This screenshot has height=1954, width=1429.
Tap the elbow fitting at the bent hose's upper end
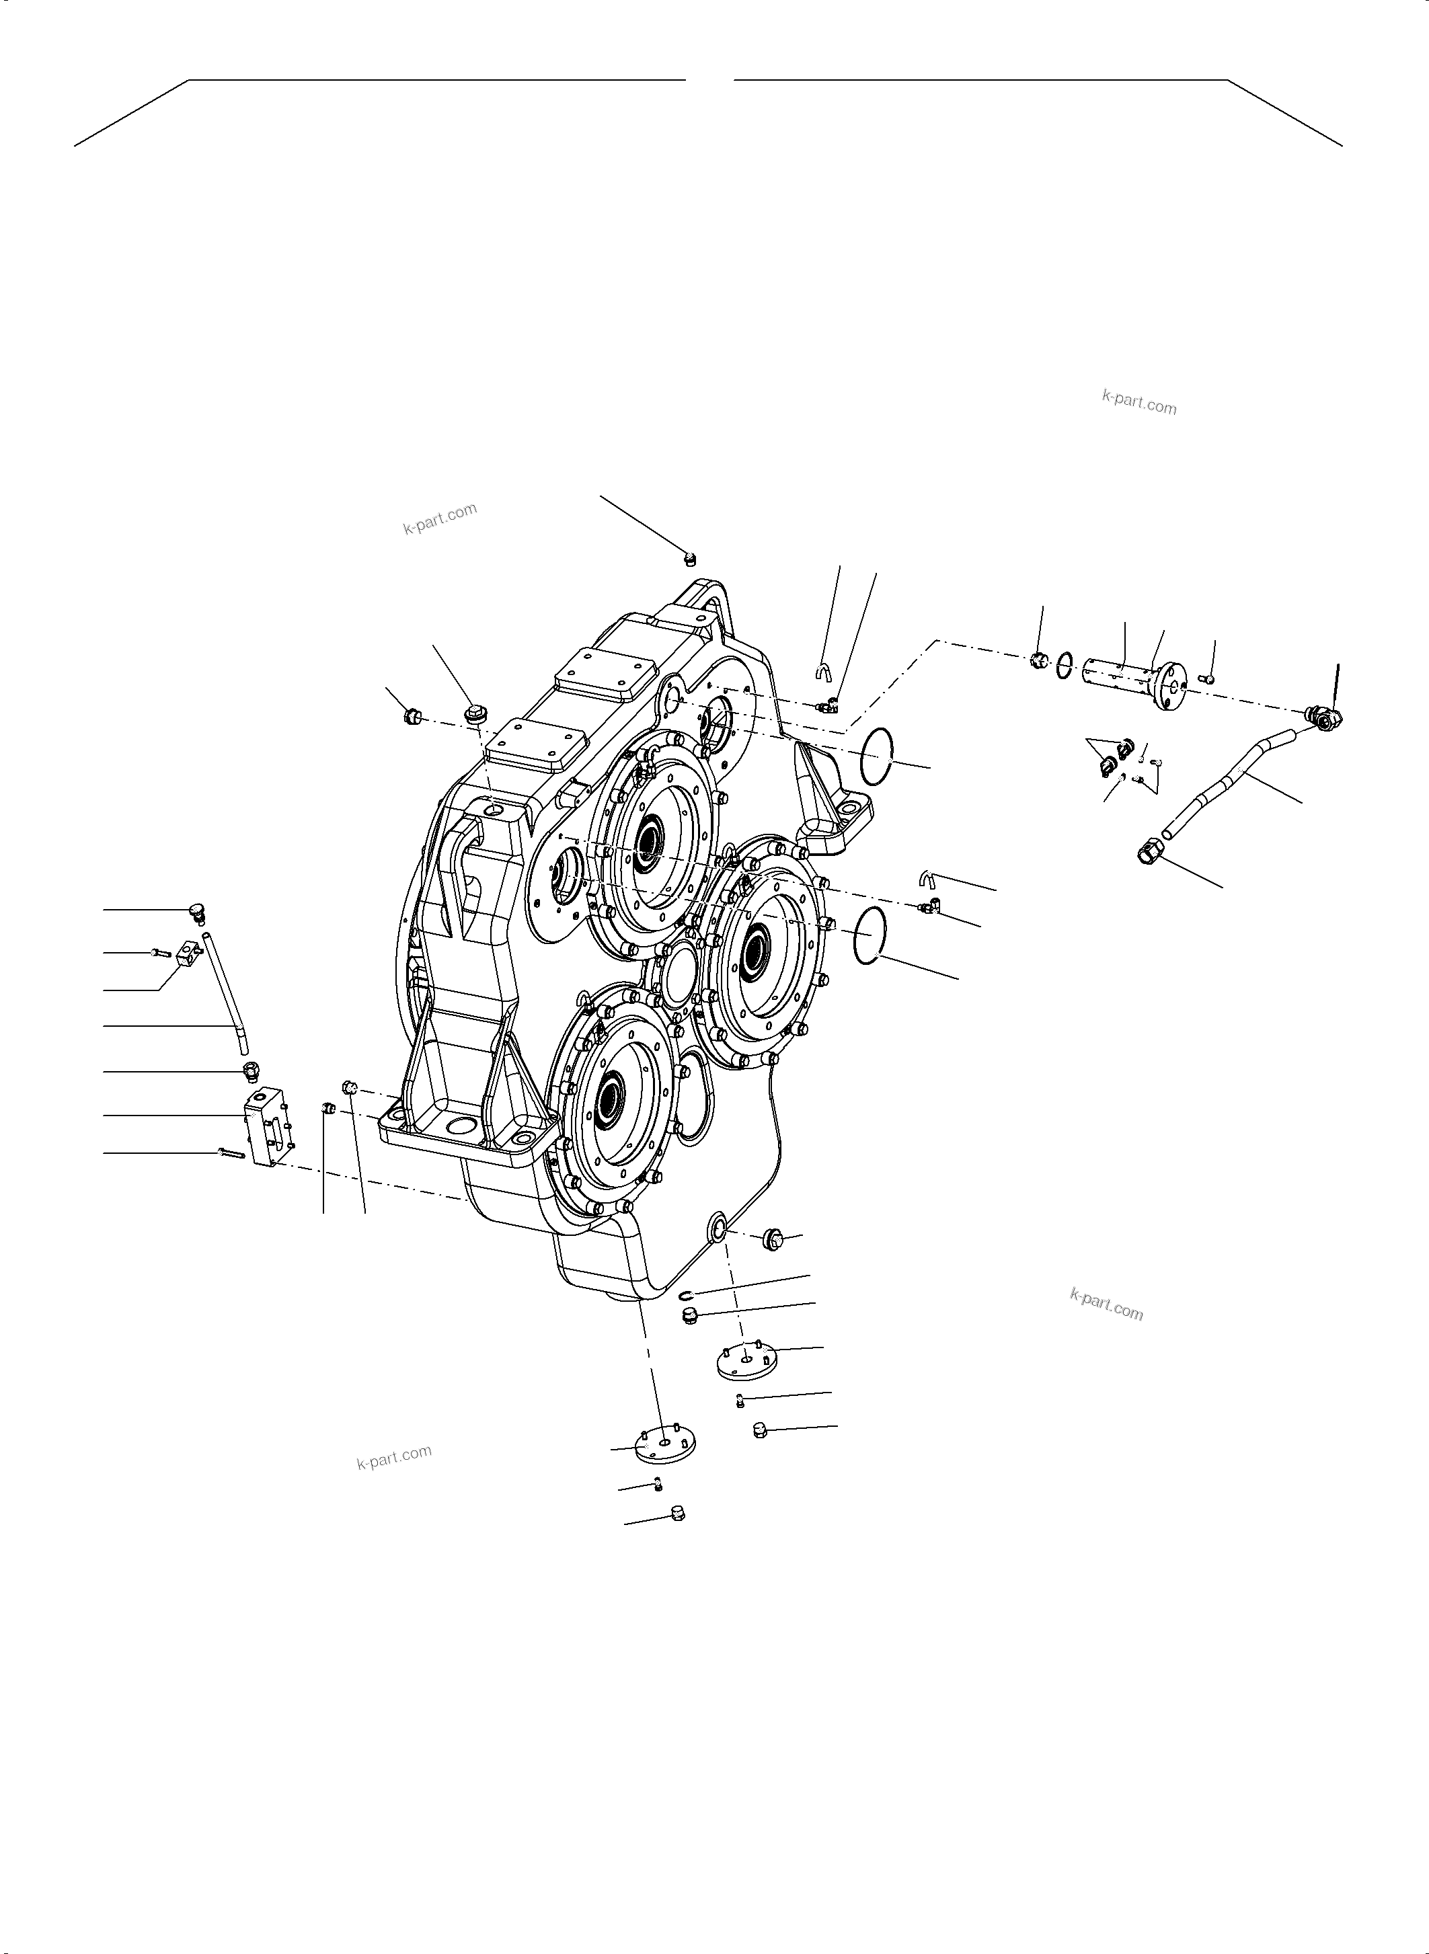[1323, 716]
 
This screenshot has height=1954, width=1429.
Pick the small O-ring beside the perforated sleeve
[1066, 666]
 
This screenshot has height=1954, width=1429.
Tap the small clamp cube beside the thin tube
[187, 955]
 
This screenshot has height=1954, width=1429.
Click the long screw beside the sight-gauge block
[233, 1154]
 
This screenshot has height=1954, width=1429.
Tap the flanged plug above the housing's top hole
[473, 713]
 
